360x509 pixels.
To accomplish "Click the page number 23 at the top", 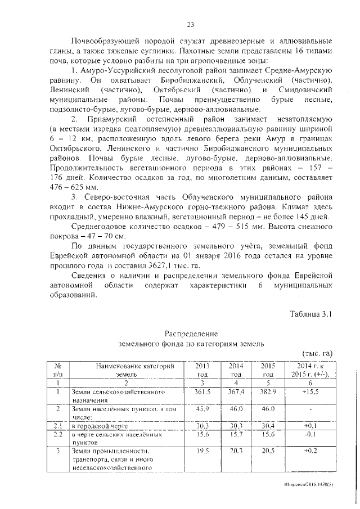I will point(190,24).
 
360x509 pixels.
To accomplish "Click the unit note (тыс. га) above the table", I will point(318,353).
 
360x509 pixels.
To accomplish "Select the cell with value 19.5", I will point(202,451).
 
